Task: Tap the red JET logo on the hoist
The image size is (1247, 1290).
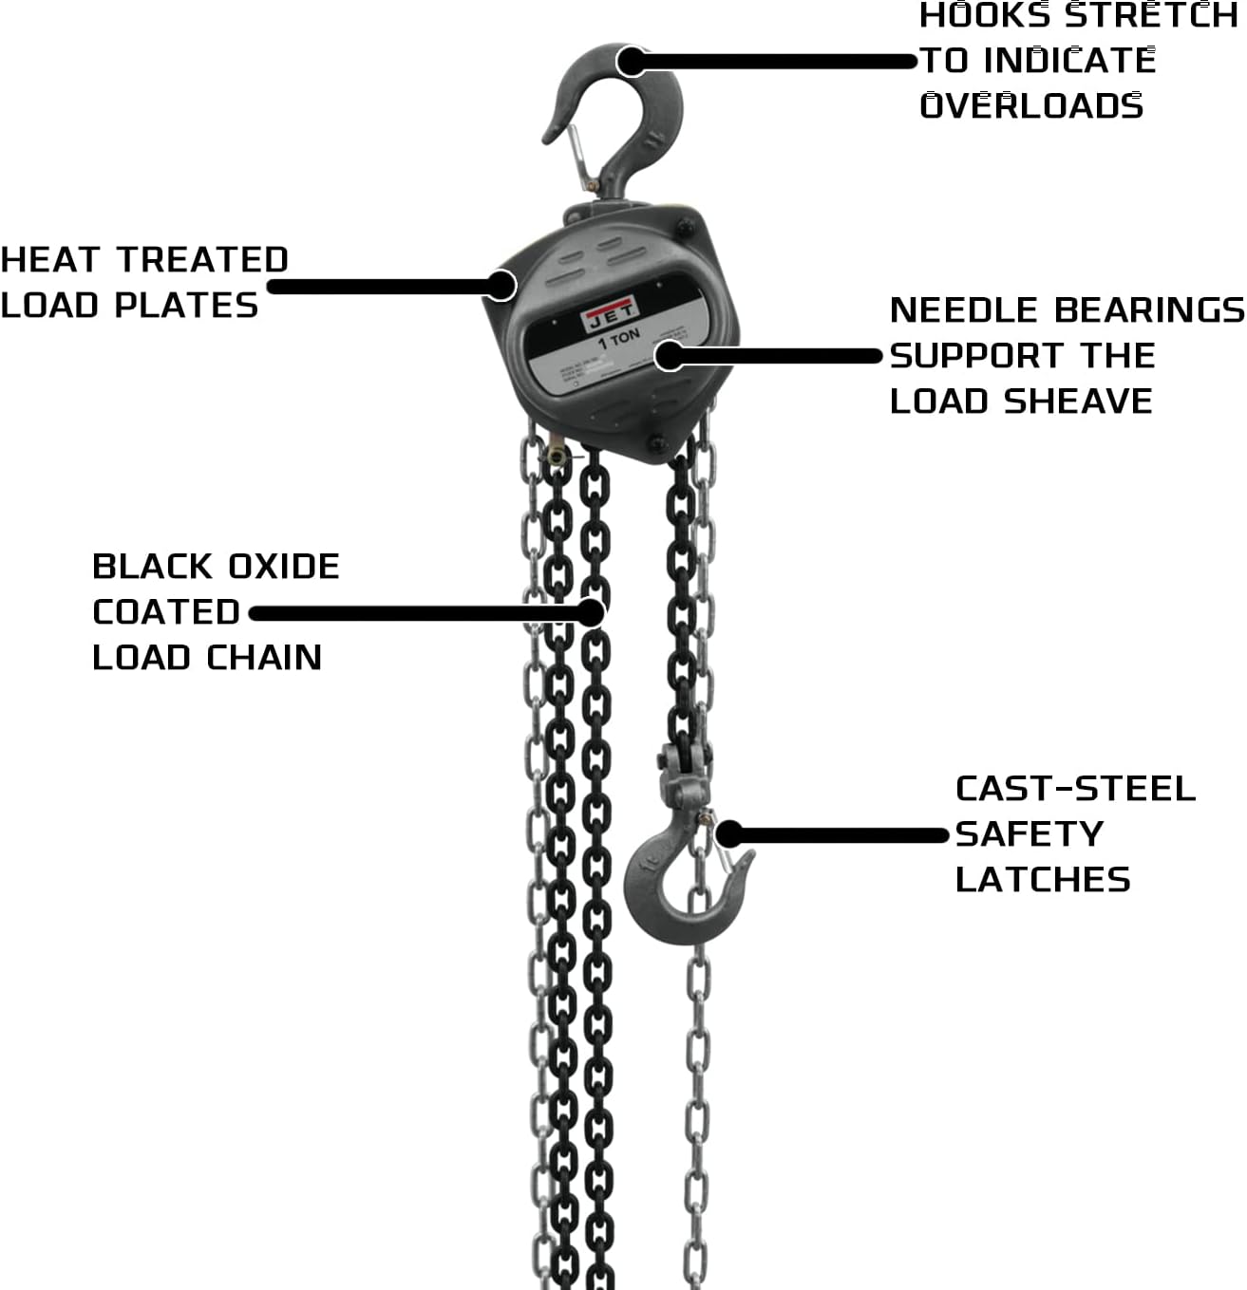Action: (x=611, y=316)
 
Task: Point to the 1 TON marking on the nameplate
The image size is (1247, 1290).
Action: (x=619, y=339)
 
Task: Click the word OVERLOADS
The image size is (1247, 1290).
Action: (x=1031, y=105)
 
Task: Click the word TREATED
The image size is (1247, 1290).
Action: (x=202, y=259)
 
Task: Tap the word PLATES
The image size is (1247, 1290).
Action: (x=186, y=306)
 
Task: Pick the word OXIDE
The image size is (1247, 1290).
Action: (x=283, y=567)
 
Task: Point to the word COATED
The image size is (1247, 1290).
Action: (x=166, y=612)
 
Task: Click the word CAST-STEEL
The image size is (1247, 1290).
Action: (x=1075, y=789)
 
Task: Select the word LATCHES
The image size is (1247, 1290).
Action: (x=1043, y=880)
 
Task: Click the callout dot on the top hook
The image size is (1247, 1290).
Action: (x=632, y=61)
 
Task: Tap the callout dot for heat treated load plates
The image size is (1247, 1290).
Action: (x=501, y=285)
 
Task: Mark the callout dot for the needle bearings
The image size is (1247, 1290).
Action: (x=670, y=356)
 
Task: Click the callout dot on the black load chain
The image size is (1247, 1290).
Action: (x=590, y=613)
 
